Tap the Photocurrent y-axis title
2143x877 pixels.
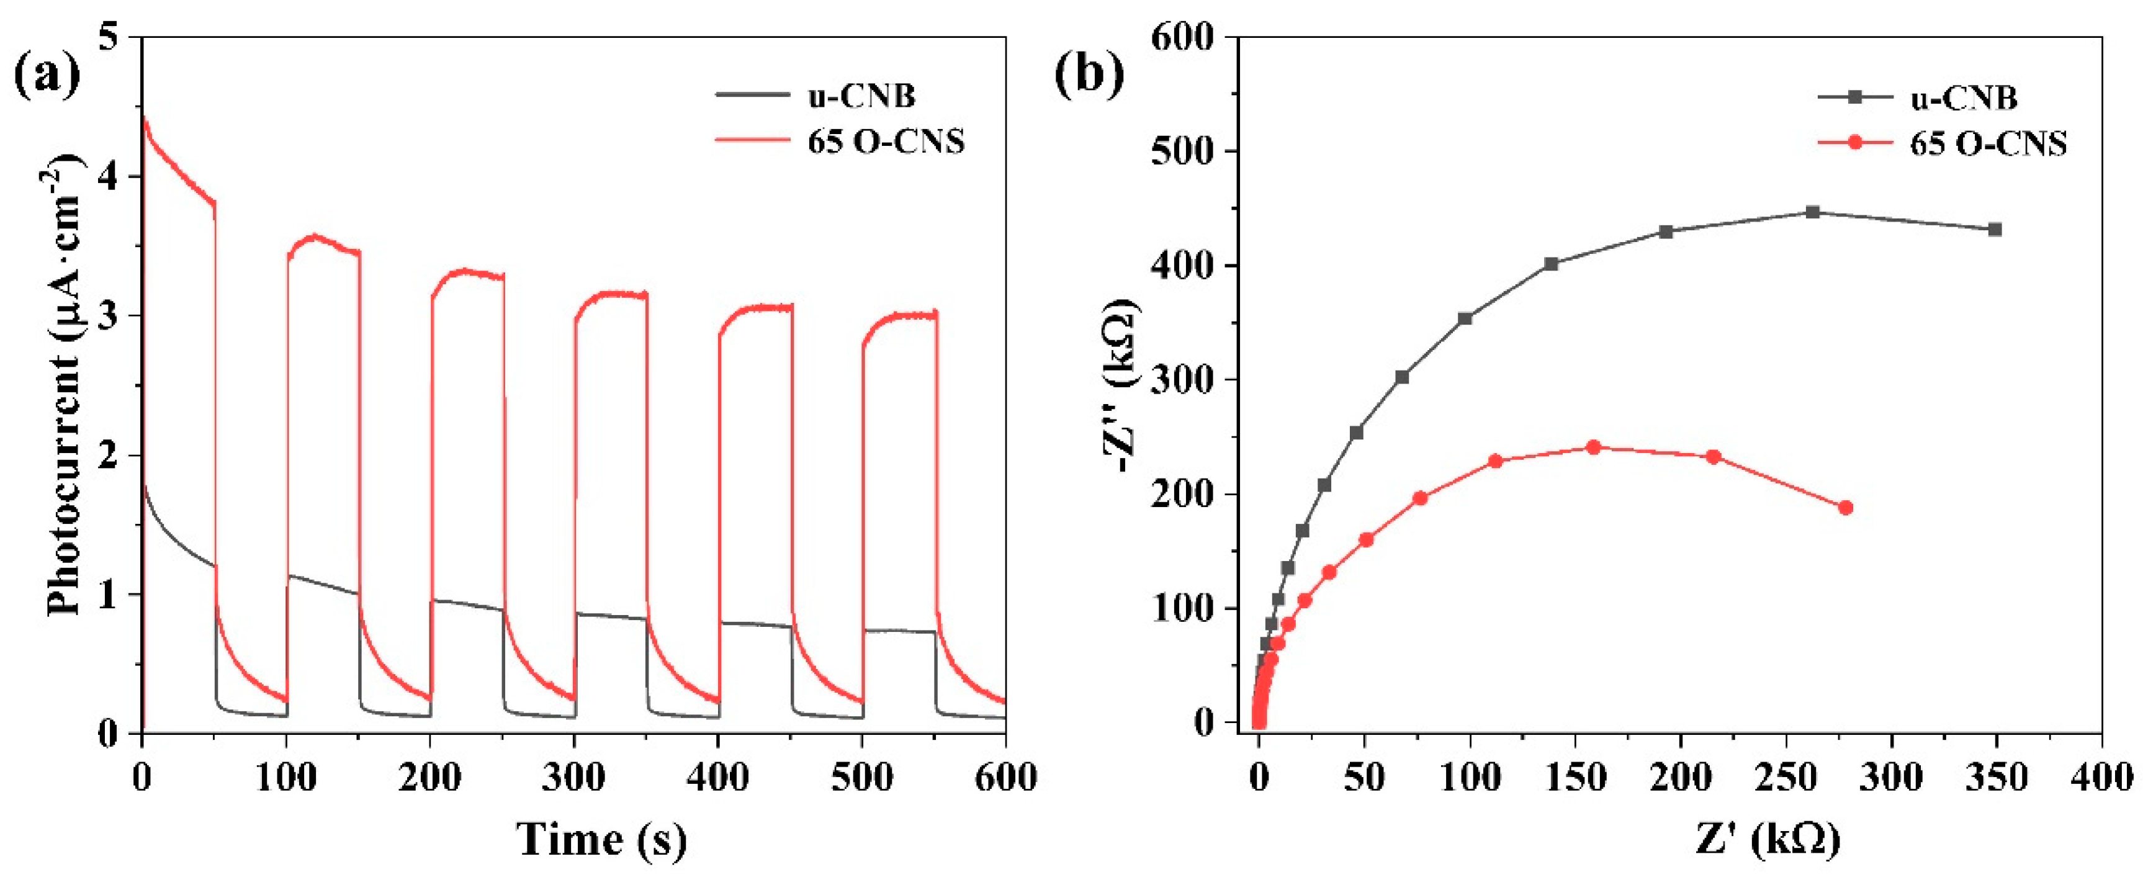pyautogui.click(x=66, y=384)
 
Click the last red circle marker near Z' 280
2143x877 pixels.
pyautogui.click(x=1845, y=508)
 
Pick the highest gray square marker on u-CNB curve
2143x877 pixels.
pyautogui.click(x=1813, y=212)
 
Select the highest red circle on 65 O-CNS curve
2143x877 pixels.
pyautogui.click(x=1594, y=447)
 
